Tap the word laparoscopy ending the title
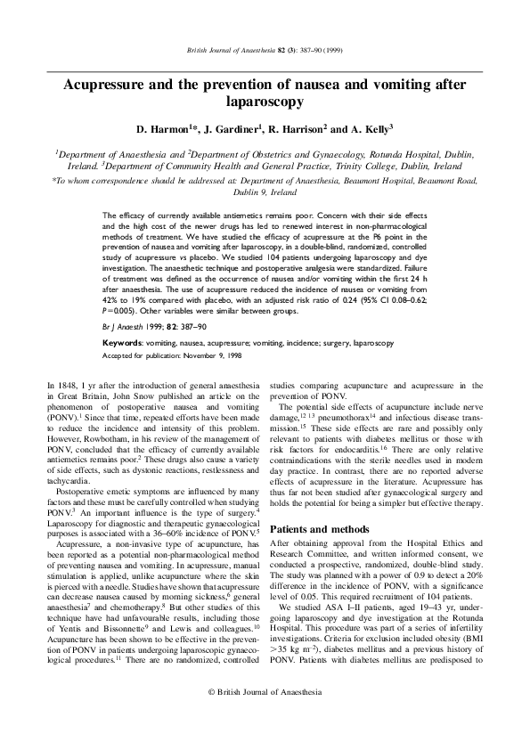265,102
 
